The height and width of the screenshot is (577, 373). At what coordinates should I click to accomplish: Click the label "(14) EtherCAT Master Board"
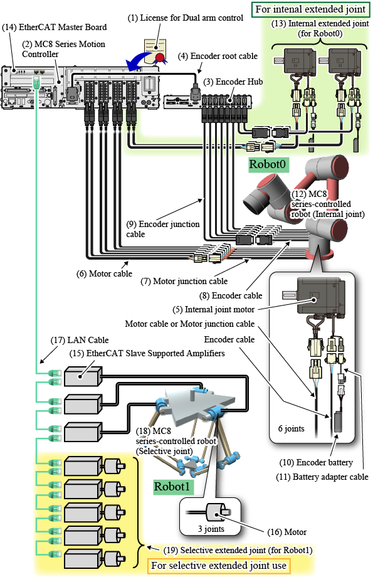[x=55, y=27]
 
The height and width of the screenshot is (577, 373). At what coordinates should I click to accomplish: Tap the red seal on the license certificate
[x=160, y=58]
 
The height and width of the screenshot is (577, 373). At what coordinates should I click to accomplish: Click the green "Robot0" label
[x=268, y=164]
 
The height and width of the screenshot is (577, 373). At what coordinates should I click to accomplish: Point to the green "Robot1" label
[x=172, y=487]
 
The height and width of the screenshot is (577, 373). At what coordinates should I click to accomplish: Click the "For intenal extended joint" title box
[x=310, y=9]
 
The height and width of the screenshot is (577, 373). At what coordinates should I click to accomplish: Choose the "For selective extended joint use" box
[x=219, y=565]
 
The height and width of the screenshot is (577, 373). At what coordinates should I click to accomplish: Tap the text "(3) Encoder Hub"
[x=233, y=82]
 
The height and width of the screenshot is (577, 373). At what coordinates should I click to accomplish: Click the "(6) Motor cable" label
[x=104, y=273]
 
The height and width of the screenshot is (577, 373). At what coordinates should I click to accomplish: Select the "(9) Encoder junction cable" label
[x=163, y=229]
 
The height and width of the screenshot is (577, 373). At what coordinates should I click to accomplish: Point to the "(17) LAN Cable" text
[x=80, y=340]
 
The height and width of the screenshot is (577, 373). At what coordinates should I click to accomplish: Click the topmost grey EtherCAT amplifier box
[x=83, y=376]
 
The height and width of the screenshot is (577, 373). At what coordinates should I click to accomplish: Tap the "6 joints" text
[x=291, y=428]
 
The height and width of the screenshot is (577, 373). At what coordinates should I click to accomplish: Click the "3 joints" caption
[x=211, y=529]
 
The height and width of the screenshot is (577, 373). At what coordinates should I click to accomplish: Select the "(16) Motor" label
[x=287, y=532]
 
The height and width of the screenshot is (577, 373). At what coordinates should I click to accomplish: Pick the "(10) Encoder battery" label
[x=316, y=462]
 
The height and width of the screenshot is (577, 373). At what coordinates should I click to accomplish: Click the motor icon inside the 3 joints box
[x=218, y=512]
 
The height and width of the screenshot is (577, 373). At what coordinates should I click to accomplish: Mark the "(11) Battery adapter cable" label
[x=322, y=477]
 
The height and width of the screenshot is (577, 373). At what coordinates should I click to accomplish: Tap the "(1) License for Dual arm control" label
[x=186, y=18]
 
